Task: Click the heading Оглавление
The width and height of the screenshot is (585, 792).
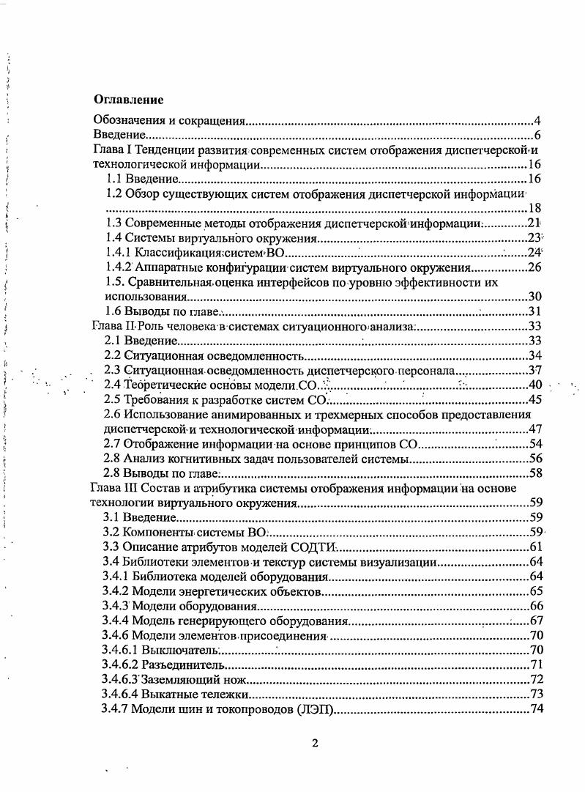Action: coord(128,99)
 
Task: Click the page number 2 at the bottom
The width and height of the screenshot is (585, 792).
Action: coord(315,744)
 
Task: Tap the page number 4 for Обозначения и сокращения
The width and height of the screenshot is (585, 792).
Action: coord(537,121)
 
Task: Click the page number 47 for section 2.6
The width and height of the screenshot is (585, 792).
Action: coord(534,429)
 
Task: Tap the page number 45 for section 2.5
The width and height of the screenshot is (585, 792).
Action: coord(534,399)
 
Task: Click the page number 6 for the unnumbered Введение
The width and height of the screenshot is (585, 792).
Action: coord(537,136)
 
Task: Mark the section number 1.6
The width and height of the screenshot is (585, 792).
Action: coord(111,311)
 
